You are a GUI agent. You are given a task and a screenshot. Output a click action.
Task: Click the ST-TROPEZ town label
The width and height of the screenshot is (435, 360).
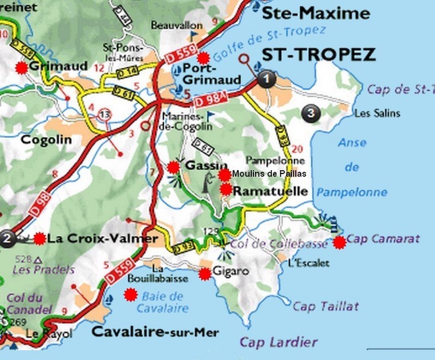319,55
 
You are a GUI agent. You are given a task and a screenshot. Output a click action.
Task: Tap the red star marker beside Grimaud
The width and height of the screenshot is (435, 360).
21,67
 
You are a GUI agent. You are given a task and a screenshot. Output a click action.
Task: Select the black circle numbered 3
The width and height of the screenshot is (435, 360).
310,113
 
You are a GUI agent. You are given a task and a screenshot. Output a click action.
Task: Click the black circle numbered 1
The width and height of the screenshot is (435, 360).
266,79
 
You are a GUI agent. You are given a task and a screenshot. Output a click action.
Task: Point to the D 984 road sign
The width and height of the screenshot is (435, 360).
208,99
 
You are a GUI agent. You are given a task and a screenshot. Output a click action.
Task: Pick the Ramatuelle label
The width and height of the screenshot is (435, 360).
271,192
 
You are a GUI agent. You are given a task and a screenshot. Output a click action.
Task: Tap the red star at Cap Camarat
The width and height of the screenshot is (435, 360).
340,242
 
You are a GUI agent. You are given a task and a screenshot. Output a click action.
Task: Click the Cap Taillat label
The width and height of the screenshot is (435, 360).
326,306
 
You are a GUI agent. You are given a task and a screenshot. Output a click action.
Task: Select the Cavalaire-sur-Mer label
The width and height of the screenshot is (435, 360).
155,332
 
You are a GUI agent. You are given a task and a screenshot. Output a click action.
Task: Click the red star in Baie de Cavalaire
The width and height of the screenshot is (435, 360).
131,295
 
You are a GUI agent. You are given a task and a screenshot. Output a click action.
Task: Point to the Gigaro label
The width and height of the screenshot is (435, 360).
231,272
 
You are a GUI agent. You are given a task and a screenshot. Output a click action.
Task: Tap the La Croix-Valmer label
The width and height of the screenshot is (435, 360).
102,238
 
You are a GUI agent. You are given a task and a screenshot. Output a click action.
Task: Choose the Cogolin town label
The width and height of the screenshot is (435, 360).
46,139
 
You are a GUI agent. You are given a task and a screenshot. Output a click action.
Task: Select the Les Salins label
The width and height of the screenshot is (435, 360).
377,114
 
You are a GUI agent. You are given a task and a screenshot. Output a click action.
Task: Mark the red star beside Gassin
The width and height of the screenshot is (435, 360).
174,167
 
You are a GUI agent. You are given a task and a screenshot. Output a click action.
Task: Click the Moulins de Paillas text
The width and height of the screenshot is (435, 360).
269,174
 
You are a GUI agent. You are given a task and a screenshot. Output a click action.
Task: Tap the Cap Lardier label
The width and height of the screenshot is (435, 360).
278,342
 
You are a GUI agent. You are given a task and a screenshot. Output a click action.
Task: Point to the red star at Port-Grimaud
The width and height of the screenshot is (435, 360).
203,58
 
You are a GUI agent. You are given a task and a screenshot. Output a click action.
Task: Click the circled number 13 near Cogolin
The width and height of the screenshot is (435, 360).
104,114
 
